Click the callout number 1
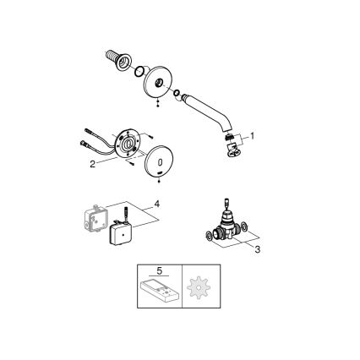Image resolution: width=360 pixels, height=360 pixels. click(x=251, y=134)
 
